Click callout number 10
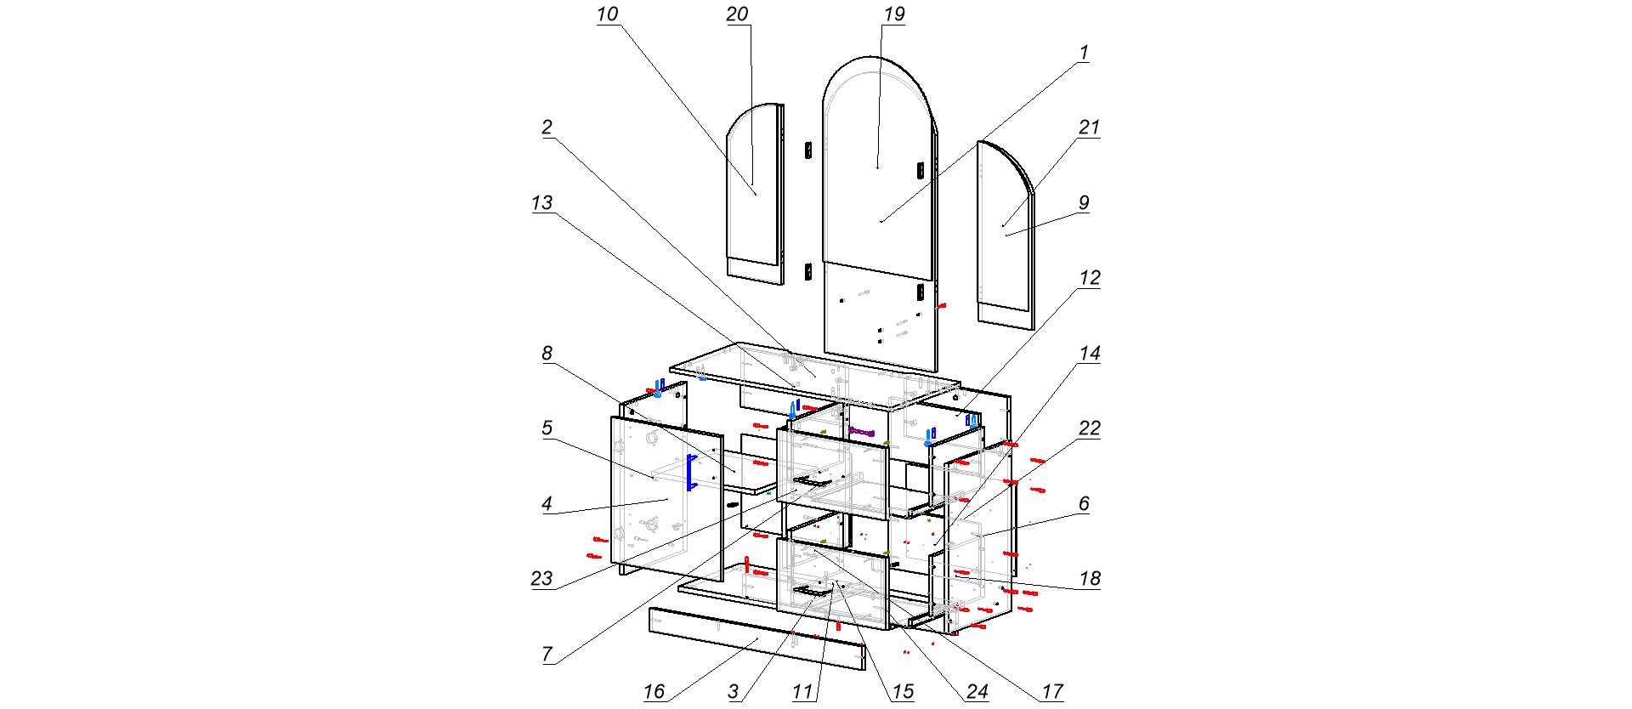tap(607, 14)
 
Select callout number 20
tap(737, 14)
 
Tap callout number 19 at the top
tap(894, 14)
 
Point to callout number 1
tap(1084, 53)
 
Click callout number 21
tap(1089, 128)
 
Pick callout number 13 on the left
tap(541, 203)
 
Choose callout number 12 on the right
tap(1090, 278)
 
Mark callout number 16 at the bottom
tap(654, 691)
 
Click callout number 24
tap(977, 691)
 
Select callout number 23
tap(541, 579)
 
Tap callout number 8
tap(547, 354)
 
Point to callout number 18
tap(1090, 579)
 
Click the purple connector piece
tap(861, 432)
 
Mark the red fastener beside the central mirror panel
tap(941, 305)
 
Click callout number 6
tap(1084, 504)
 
